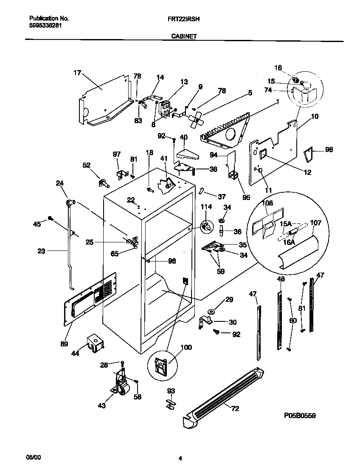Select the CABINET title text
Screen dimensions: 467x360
(x=183, y=37)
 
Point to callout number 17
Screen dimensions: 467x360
(x=77, y=73)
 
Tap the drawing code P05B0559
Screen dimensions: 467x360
(x=297, y=416)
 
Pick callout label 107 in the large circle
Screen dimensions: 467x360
(x=316, y=222)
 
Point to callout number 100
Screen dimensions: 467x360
(x=186, y=347)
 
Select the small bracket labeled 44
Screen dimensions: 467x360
(x=95, y=341)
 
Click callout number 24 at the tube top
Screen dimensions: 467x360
(x=59, y=183)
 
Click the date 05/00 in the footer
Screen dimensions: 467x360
(x=35, y=458)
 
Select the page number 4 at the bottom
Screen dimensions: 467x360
(x=180, y=458)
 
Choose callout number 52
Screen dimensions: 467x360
(x=86, y=166)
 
